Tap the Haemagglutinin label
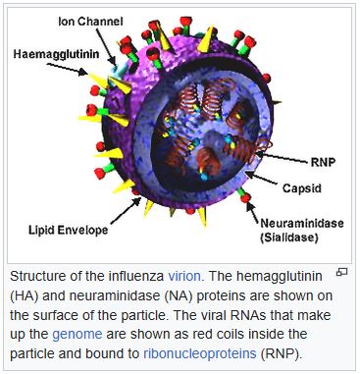click(58, 54)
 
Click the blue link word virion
click(184, 277)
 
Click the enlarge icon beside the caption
click(341, 272)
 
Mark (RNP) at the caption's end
click(278, 352)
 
